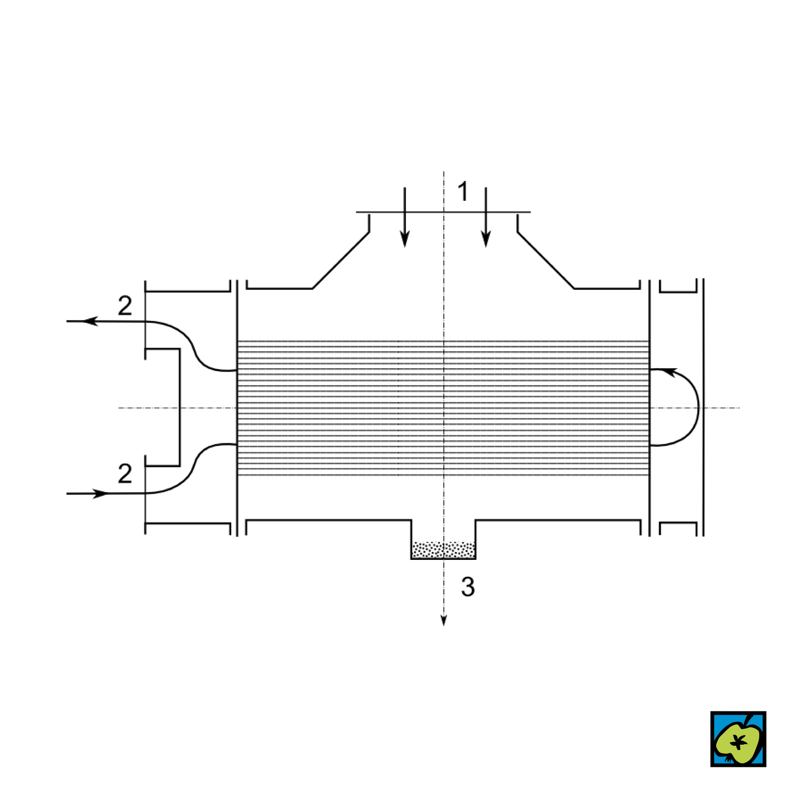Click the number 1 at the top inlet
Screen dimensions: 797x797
click(463, 191)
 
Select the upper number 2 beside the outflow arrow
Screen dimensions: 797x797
click(125, 305)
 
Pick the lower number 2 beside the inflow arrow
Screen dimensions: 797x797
click(125, 473)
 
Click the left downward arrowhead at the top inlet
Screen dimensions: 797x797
click(405, 239)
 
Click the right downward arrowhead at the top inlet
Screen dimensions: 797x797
click(486, 239)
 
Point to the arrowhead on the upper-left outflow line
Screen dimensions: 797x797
click(90, 321)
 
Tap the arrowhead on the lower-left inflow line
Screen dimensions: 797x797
click(100, 494)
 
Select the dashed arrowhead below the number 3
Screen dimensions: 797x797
click(444, 620)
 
